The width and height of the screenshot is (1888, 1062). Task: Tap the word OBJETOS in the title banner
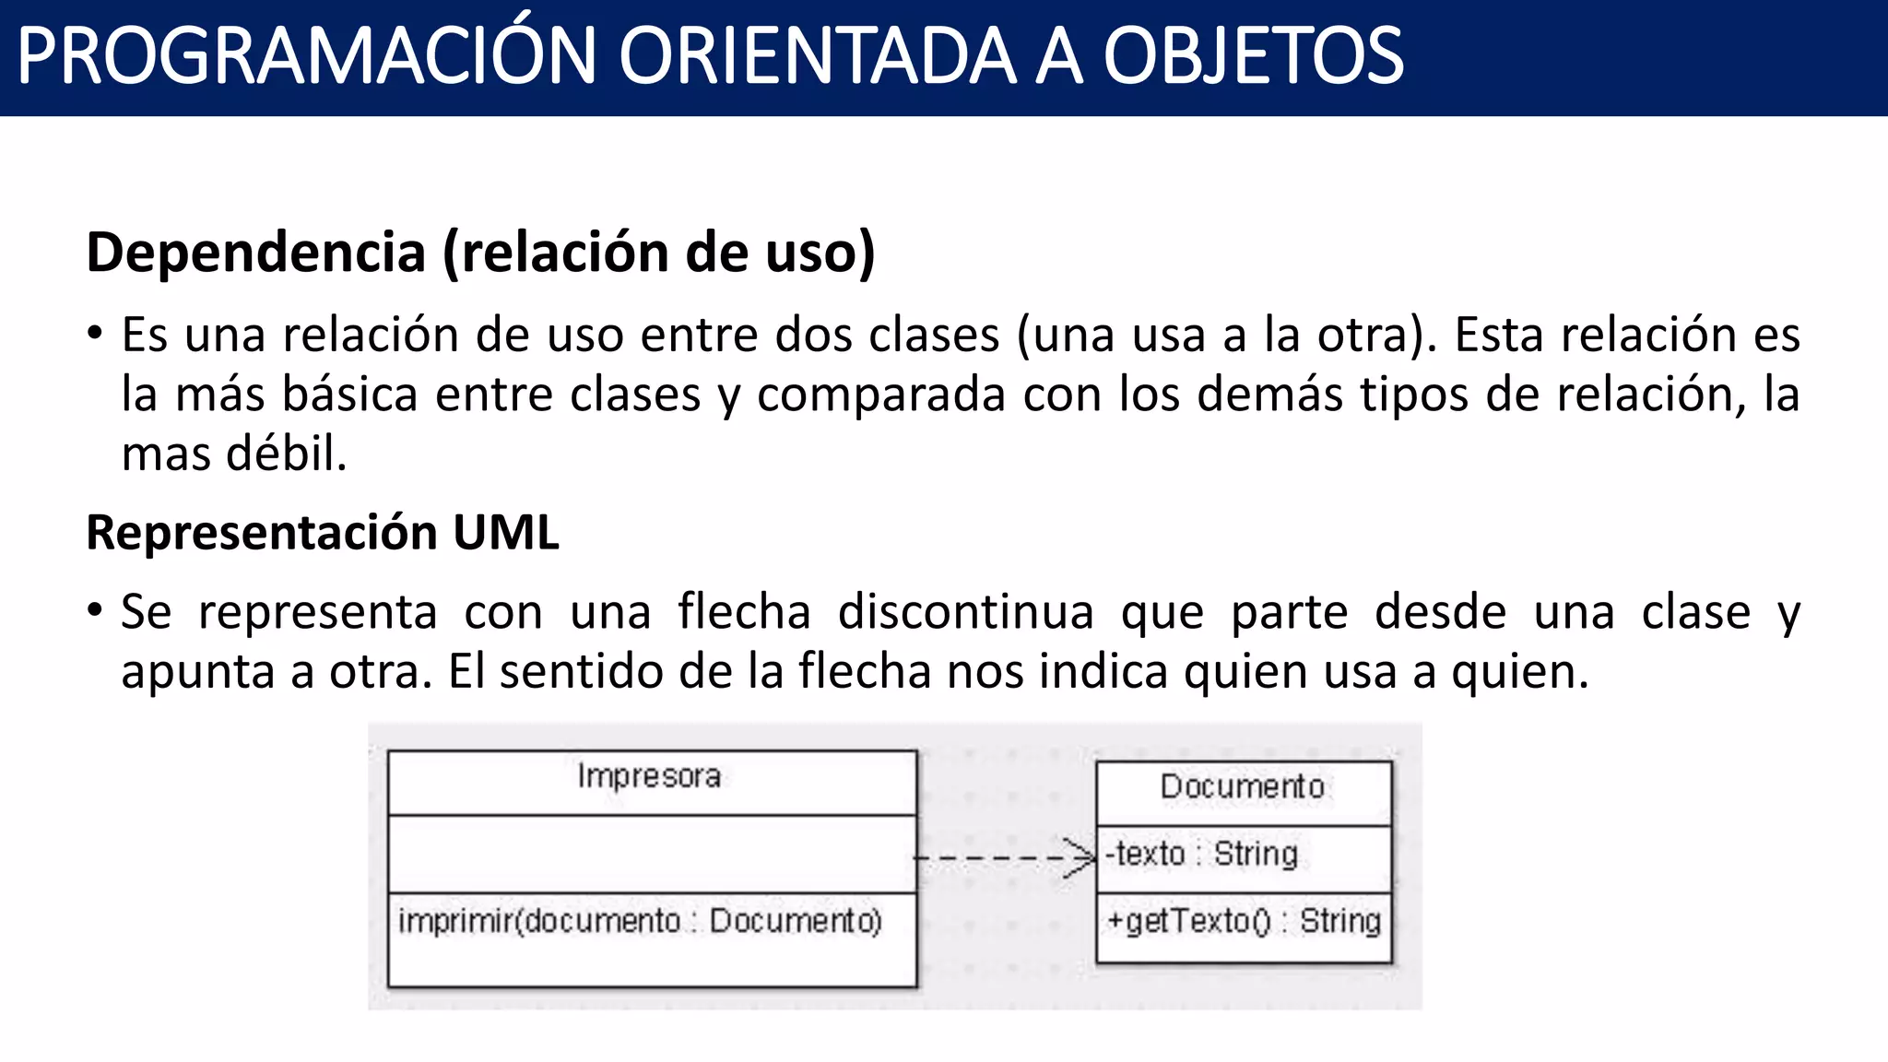(x=1254, y=57)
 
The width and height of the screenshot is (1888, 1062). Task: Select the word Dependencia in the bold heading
(x=255, y=253)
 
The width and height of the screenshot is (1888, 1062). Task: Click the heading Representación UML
(x=322, y=533)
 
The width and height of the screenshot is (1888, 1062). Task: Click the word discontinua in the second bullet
(x=965, y=612)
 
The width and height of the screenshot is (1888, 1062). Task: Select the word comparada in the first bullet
(x=880, y=395)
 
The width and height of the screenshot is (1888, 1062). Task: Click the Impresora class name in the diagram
(x=649, y=776)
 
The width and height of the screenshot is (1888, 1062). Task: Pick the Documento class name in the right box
(x=1242, y=786)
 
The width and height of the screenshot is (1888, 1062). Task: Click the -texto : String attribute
(x=1201, y=854)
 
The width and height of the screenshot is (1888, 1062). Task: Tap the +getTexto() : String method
(x=1244, y=921)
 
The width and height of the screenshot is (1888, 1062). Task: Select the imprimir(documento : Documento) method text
(x=640, y=921)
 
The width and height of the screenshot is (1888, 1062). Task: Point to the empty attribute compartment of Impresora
(x=652, y=854)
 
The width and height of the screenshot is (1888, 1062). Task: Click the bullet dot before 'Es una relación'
(x=95, y=334)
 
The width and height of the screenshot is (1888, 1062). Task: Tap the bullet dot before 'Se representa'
(x=95, y=611)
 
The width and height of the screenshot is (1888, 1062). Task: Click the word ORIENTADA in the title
(x=817, y=57)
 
